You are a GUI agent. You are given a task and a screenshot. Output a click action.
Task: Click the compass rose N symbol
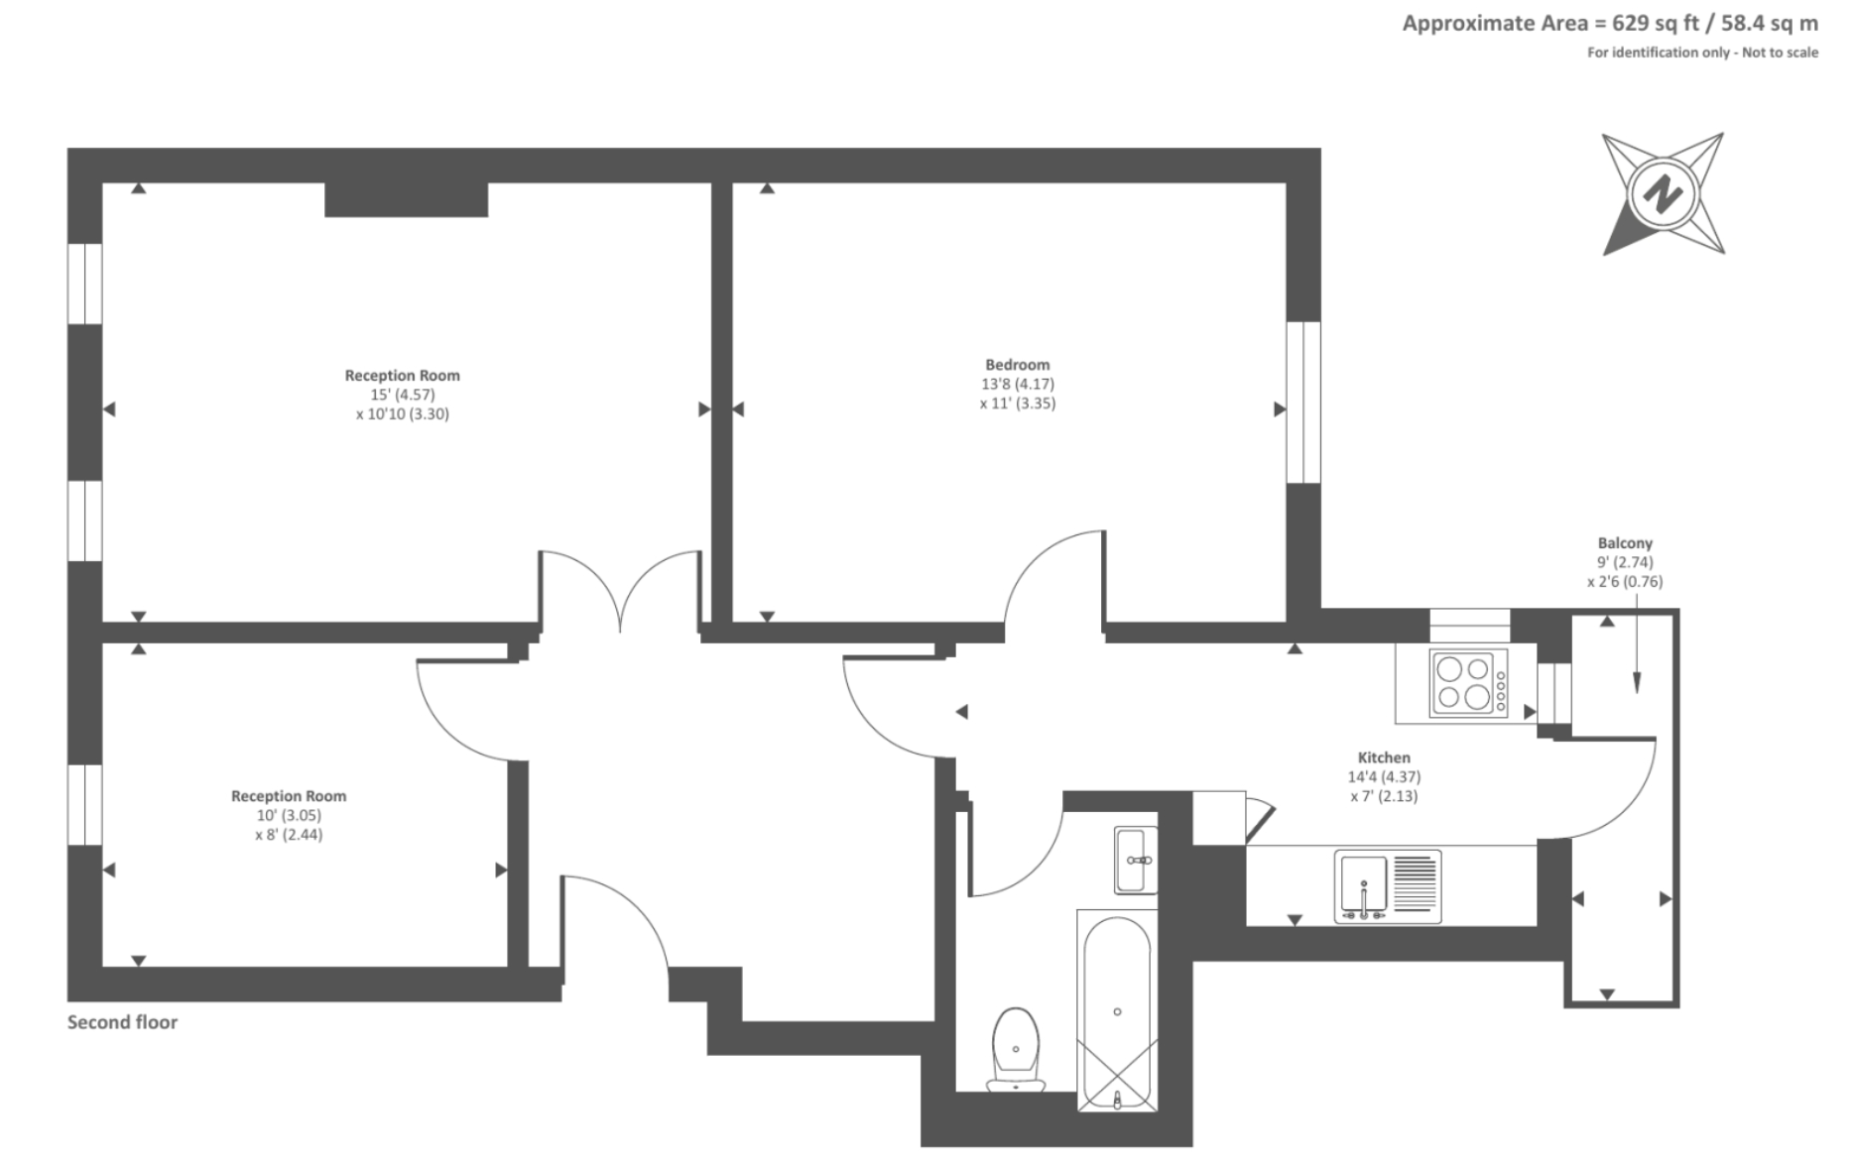click(1664, 193)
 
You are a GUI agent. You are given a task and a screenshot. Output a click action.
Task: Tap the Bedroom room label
click(1017, 365)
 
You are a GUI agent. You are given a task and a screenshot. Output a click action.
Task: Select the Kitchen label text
click(1384, 757)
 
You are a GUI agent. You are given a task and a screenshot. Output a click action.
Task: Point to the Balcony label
click(1625, 543)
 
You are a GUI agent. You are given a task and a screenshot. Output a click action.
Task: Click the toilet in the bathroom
click(1016, 1049)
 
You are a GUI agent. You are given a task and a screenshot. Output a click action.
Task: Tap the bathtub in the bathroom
click(1117, 1010)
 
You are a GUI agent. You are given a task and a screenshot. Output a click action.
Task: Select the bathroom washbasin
click(1136, 860)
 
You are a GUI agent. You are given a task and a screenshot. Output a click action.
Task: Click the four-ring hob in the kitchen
click(1468, 683)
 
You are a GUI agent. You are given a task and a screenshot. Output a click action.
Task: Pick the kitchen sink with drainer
click(1388, 885)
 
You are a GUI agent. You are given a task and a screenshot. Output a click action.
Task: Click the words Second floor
click(122, 1022)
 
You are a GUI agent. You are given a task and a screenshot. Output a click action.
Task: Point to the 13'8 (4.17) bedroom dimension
click(1018, 384)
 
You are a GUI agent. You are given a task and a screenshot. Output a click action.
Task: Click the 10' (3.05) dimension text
click(289, 815)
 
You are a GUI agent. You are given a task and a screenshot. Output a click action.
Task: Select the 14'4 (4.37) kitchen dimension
click(1384, 777)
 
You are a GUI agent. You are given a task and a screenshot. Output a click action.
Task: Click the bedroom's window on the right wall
click(1303, 403)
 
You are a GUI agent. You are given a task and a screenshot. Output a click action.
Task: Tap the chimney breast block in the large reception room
click(407, 199)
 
